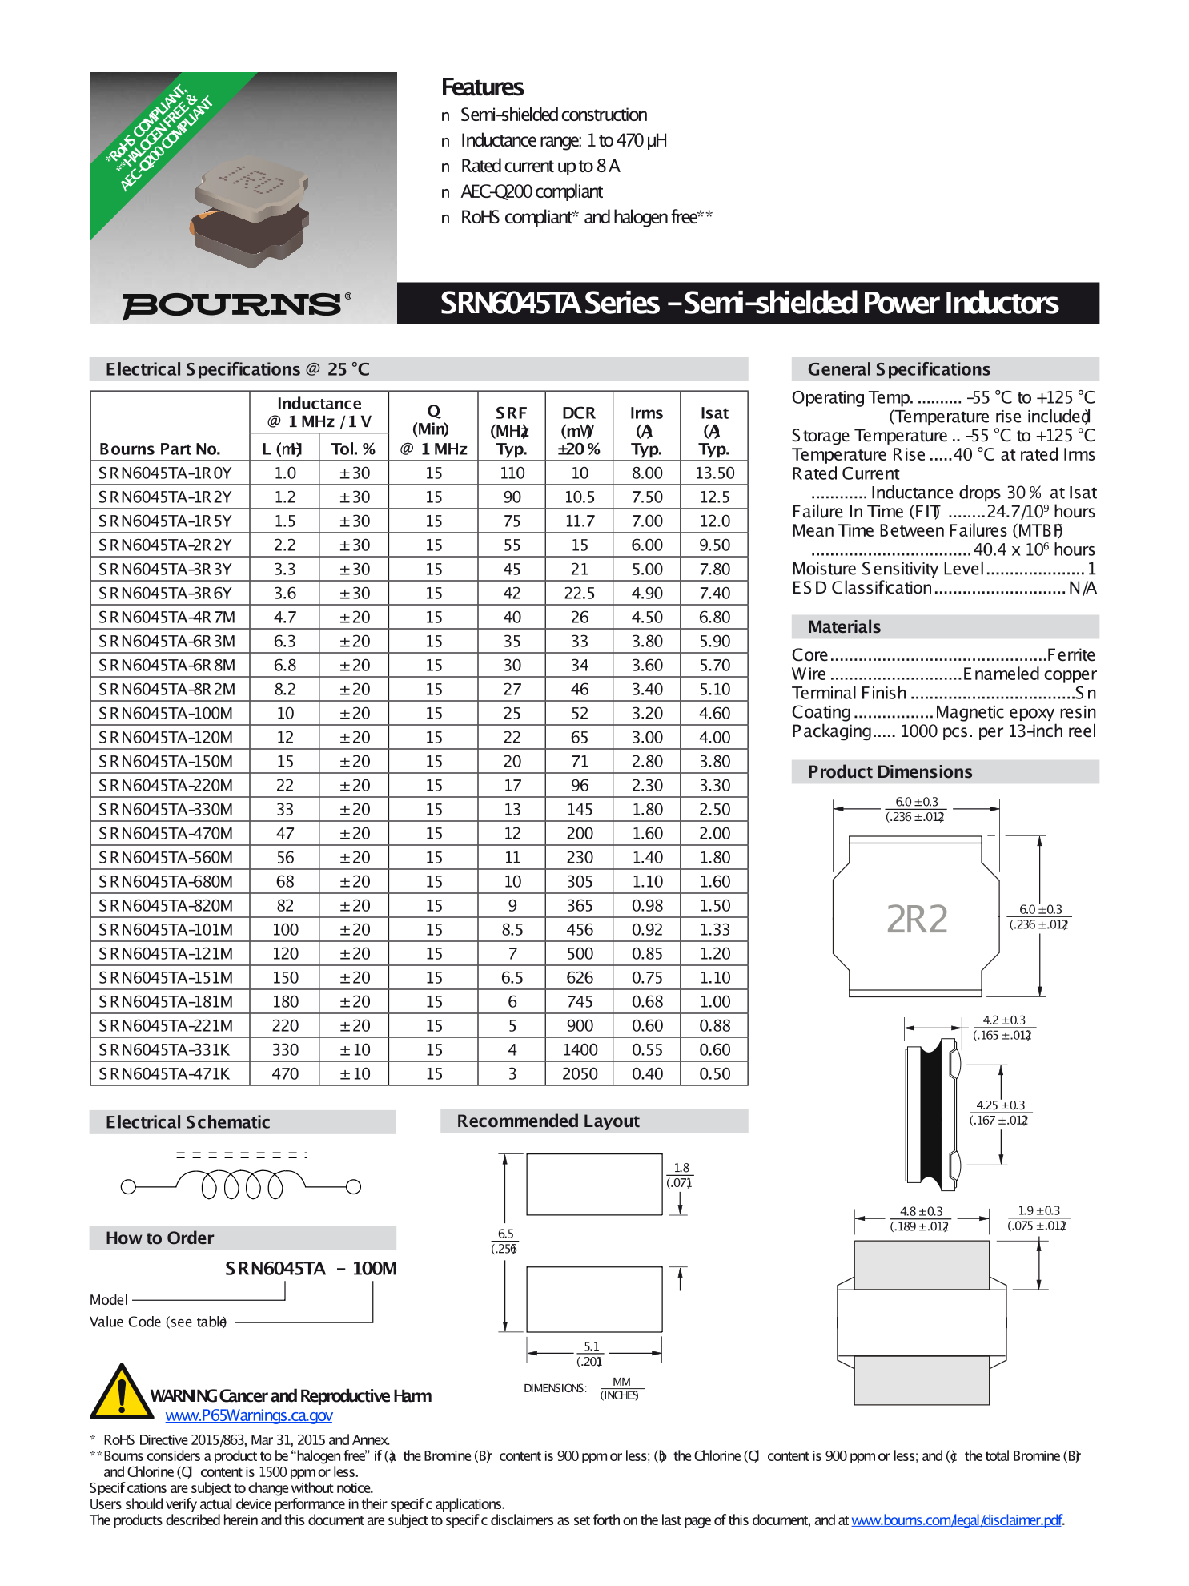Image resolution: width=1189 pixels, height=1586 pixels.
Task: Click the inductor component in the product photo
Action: (251, 211)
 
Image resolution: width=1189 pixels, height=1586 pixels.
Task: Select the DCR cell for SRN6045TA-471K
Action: (579, 1073)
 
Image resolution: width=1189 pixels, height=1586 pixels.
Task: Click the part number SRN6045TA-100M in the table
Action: (166, 713)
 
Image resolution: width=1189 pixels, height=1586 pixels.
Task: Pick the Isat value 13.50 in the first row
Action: (714, 473)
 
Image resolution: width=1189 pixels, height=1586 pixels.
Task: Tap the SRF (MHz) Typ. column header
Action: (511, 430)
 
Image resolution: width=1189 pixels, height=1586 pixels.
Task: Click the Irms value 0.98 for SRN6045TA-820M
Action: (646, 905)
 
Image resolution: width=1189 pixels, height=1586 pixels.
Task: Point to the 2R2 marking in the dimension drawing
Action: (916, 919)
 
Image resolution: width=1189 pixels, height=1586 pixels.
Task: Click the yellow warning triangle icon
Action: (122, 1393)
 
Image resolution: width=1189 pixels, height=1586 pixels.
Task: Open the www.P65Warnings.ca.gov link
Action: (248, 1415)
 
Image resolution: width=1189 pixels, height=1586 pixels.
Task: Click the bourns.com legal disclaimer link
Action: (957, 1520)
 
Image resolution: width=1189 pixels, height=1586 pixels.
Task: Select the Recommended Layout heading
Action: (548, 1121)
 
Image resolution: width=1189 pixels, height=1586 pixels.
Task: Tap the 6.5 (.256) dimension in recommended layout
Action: (505, 1241)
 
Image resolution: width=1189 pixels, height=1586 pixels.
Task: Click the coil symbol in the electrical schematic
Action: (240, 1183)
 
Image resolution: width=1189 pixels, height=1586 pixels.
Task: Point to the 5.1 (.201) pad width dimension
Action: (592, 1354)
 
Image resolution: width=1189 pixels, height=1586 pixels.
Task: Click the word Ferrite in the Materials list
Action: (1071, 654)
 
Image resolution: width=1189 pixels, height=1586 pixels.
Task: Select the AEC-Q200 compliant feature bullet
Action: (532, 191)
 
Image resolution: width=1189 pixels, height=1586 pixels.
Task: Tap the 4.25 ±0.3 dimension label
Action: (1000, 1112)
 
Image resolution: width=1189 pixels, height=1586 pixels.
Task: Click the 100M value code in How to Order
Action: (374, 1268)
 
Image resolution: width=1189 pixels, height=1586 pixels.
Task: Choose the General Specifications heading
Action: (898, 369)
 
